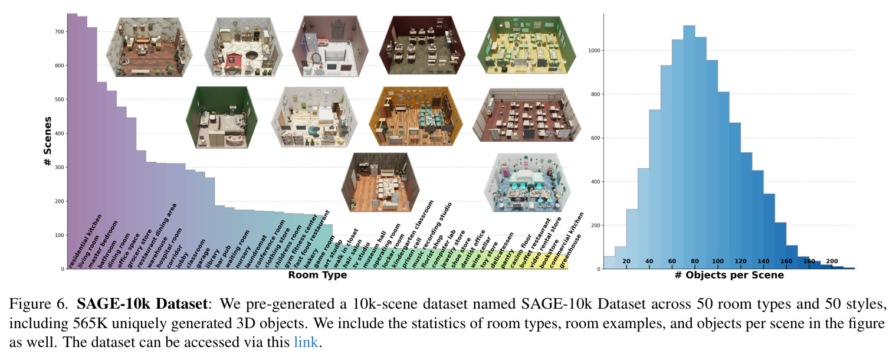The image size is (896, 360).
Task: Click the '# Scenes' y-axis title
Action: tap(48, 141)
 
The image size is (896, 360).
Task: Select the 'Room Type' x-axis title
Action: tap(317, 275)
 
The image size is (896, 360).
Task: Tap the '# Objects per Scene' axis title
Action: tap(729, 275)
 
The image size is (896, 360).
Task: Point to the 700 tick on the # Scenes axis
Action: tap(59, 32)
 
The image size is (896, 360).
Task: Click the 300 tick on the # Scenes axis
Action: tap(59, 167)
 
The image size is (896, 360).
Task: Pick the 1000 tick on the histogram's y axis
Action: tap(594, 50)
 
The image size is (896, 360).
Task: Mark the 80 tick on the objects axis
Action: tap(695, 261)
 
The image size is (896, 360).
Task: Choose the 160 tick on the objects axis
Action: tap(786, 261)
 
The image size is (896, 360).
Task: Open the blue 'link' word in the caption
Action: tap(306, 342)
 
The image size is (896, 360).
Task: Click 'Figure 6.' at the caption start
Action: tap(39, 304)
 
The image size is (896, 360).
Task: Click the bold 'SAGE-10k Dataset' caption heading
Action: tap(142, 304)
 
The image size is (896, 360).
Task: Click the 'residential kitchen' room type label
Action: tap(85, 241)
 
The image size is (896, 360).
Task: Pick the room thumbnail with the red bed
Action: tap(244, 47)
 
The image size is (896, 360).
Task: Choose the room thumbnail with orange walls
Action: tap(416, 116)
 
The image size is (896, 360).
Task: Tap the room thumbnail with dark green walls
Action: tap(222, 117)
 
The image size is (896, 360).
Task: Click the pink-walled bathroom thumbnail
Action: tap(330, 47)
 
